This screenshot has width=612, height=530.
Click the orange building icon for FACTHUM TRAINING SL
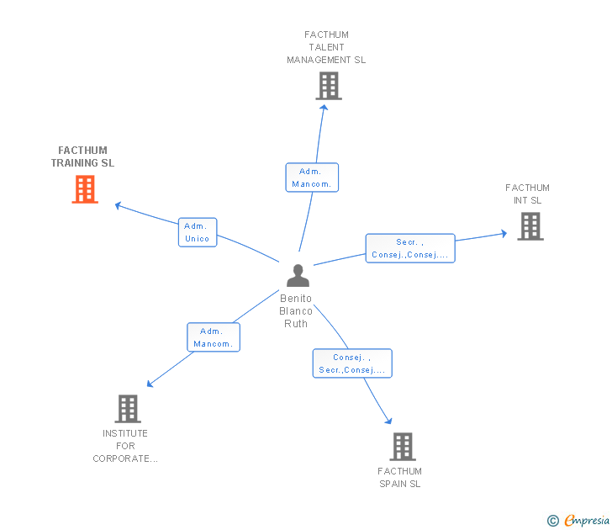(85, 189)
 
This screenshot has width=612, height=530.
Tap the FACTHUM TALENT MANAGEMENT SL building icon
(329, 86)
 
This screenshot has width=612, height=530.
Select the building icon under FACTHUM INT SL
(530, 226)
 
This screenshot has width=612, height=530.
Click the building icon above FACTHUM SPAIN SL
(403, 447)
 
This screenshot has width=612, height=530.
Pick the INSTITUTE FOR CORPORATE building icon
(128, 409)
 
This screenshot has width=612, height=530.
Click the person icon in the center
(298, 276)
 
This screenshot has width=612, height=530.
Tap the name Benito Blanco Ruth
(296, 311)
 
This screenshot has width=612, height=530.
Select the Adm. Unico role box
(198, 232)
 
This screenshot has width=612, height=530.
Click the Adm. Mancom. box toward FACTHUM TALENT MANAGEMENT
(312, 178)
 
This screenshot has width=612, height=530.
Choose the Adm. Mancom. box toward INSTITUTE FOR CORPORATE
(214, 337)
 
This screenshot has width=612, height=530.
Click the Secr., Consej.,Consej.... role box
(410, 248)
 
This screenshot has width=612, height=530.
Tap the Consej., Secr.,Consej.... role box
(352, 363)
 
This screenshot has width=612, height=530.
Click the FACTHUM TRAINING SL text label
(82, 156)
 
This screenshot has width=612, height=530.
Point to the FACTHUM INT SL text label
(527, 194)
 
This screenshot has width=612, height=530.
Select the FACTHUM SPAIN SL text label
(399, 477)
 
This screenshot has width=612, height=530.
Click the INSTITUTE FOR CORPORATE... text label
(125, 446)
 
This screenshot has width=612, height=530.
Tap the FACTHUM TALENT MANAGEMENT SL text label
(326, 47)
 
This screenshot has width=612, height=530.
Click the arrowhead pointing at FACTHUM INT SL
(504, 234)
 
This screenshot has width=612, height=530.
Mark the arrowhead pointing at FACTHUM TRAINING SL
(118, 205)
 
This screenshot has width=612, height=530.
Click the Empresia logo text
(587, 520)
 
